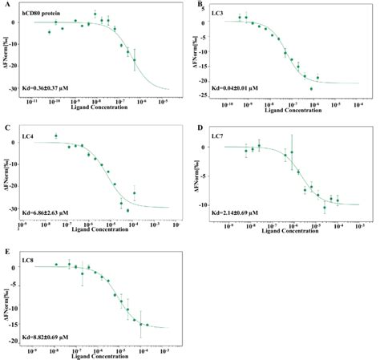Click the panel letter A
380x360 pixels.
(x=6, y=4)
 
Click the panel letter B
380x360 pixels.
(x=200, y=5)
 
